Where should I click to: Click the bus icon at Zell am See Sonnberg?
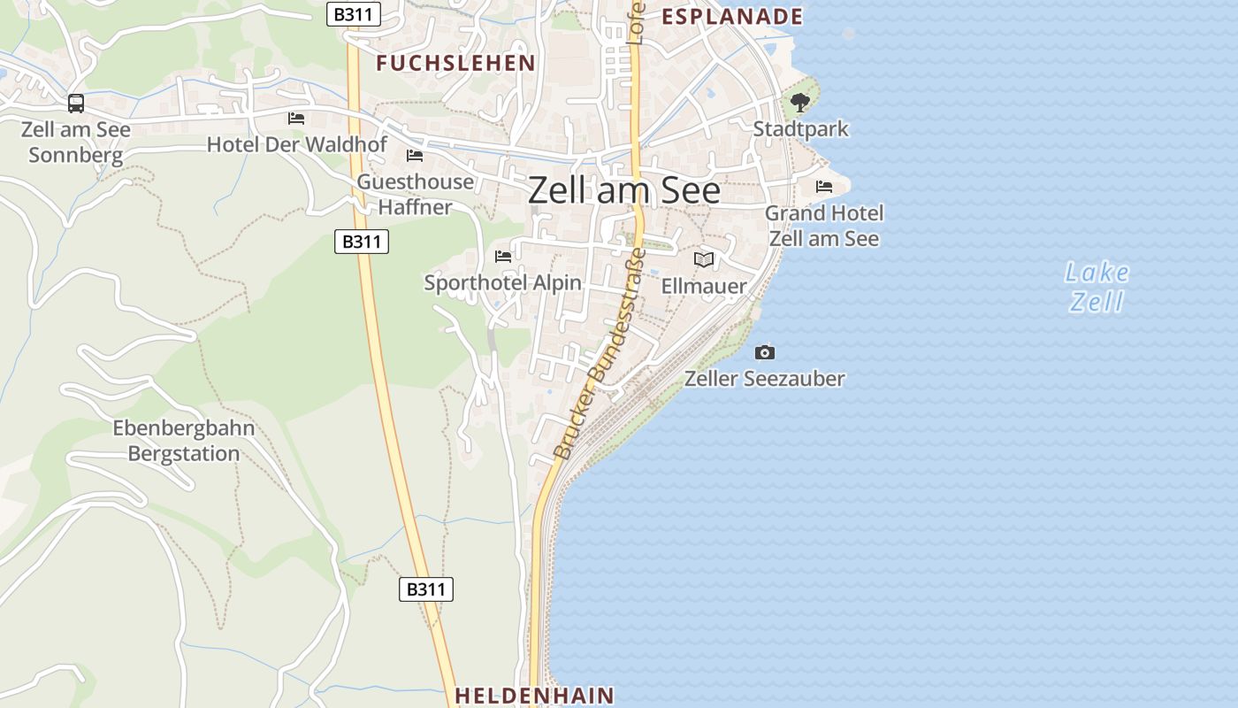tap(76, 104)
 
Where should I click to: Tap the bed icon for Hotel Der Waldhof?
tap(296, 119)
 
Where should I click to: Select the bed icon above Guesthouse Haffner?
tap(414, 156)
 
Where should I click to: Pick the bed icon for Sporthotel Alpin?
tap(503, 257)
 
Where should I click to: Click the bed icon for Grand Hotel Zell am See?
tap(824, 187)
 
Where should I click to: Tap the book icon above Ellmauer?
tap(704, 259)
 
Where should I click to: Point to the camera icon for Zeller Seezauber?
tap(765, 352)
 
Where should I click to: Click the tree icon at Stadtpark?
tap(800, 103)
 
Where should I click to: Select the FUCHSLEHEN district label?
tap(455, 63)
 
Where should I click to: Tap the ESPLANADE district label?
tap(732, 16)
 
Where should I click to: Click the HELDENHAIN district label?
tap(534, 696)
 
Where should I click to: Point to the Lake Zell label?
tap(1097, 287)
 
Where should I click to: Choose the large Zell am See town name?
tap(624, 191)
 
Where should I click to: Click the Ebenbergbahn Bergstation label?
tap(184, 441)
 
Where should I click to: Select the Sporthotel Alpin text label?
tap(503, 283)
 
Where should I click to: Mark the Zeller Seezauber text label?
tap(765, 379)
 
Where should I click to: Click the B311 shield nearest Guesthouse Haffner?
tap(362, 242)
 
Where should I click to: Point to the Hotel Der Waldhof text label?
tap(297, 144)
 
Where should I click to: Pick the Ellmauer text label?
tap(704, 287)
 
